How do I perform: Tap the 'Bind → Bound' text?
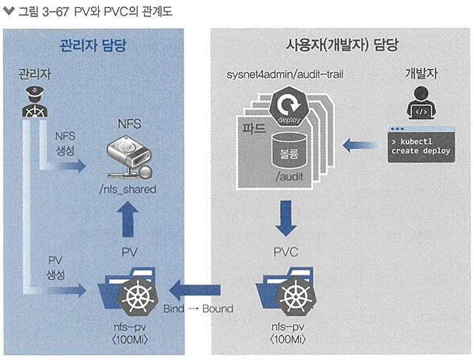coord(198,309)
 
